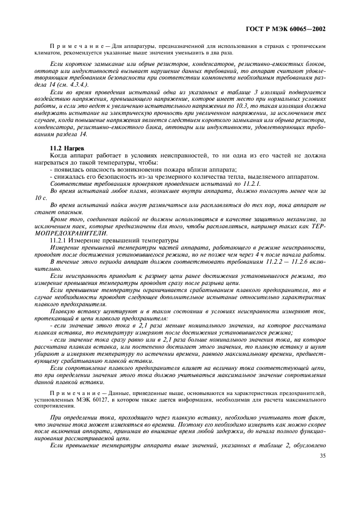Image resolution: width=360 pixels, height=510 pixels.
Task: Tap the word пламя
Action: pos(139,190)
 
